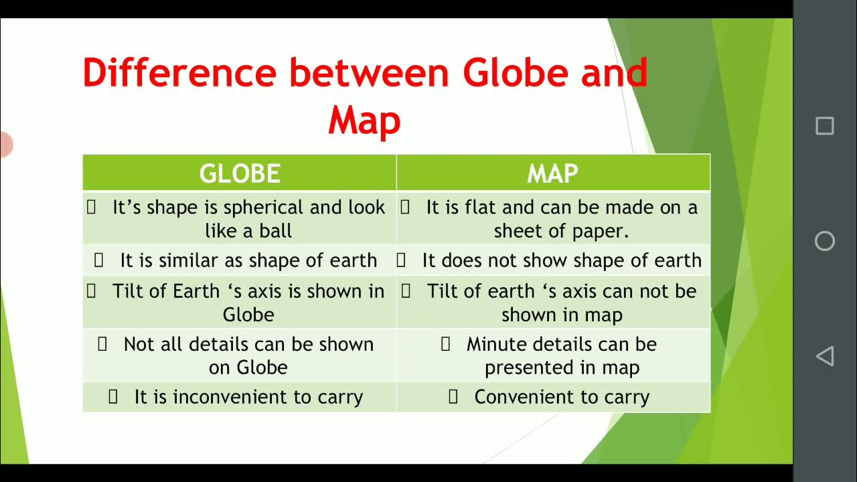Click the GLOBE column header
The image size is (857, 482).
(239, 173)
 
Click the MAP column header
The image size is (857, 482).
(552, 173)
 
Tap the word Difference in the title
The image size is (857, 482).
(179, 73)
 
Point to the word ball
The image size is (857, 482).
(276, 231)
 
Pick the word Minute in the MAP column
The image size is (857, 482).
(495, 344)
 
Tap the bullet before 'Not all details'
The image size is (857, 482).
(102, 344)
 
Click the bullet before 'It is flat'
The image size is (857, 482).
(405, 208)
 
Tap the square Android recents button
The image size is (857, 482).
(824, 126)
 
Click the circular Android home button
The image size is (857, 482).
(824, 241)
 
